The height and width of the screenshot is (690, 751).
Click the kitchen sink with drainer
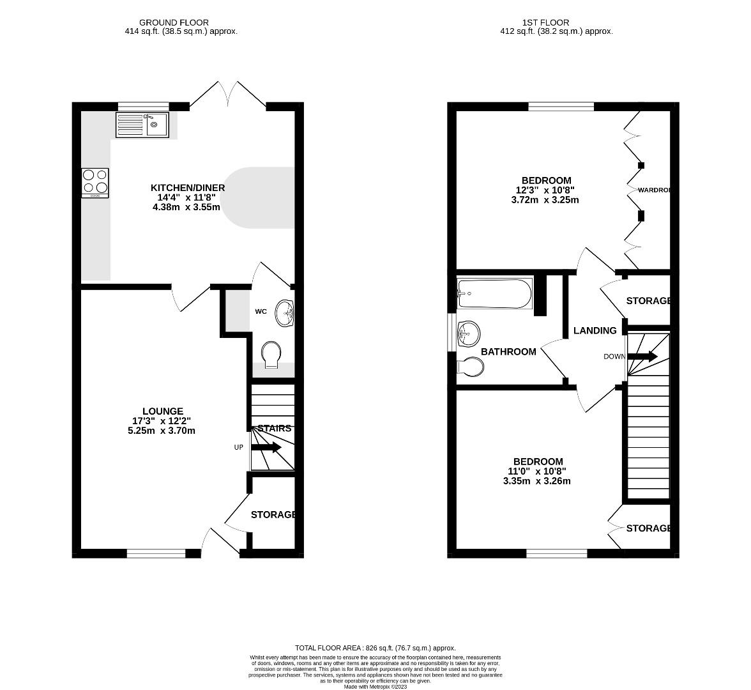[141, 124]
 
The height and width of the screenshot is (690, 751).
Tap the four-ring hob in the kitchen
[95, 182]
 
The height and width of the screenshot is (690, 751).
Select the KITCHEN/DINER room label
[188, 188]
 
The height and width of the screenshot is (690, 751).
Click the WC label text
[261, 312]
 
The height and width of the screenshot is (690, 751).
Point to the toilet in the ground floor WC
[271, 355]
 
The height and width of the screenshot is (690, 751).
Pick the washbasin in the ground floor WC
[284, 313]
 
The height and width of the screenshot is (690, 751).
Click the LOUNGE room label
[163, 411]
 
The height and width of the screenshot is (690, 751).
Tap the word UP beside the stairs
[238, 447]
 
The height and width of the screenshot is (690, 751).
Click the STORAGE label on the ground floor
[273, 515]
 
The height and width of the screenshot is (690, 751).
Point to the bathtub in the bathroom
[494, 293]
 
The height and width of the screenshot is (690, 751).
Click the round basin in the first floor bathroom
[469, 332]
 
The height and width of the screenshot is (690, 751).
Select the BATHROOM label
[508, 352]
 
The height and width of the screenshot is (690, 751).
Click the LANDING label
[595, 331]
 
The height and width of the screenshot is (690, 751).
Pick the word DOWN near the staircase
[614, 356]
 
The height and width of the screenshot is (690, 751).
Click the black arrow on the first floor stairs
[644, 356]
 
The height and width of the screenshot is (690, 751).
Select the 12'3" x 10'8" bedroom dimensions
[545, 190]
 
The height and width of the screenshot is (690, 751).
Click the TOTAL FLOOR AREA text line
[375, 648]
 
